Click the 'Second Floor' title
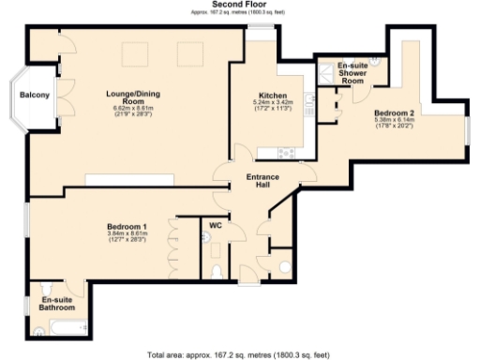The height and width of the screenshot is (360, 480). click(x=240, y=5)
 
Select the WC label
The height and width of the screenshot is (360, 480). click(x=215, y=225)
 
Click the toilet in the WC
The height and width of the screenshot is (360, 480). click(x=217, y=271)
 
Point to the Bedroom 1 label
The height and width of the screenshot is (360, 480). click(x=127, y=227)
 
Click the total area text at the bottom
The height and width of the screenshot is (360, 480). click(x=240, y=354)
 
